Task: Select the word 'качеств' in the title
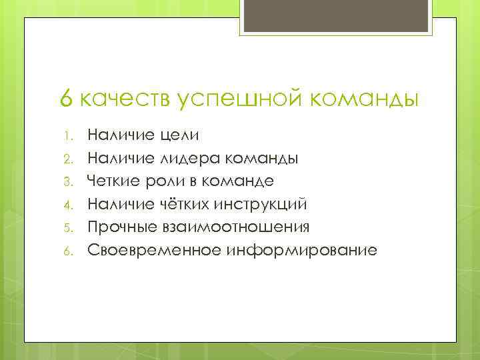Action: click(126, 99)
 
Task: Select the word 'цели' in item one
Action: click(180, 136)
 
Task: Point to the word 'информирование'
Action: click(301, 251)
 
